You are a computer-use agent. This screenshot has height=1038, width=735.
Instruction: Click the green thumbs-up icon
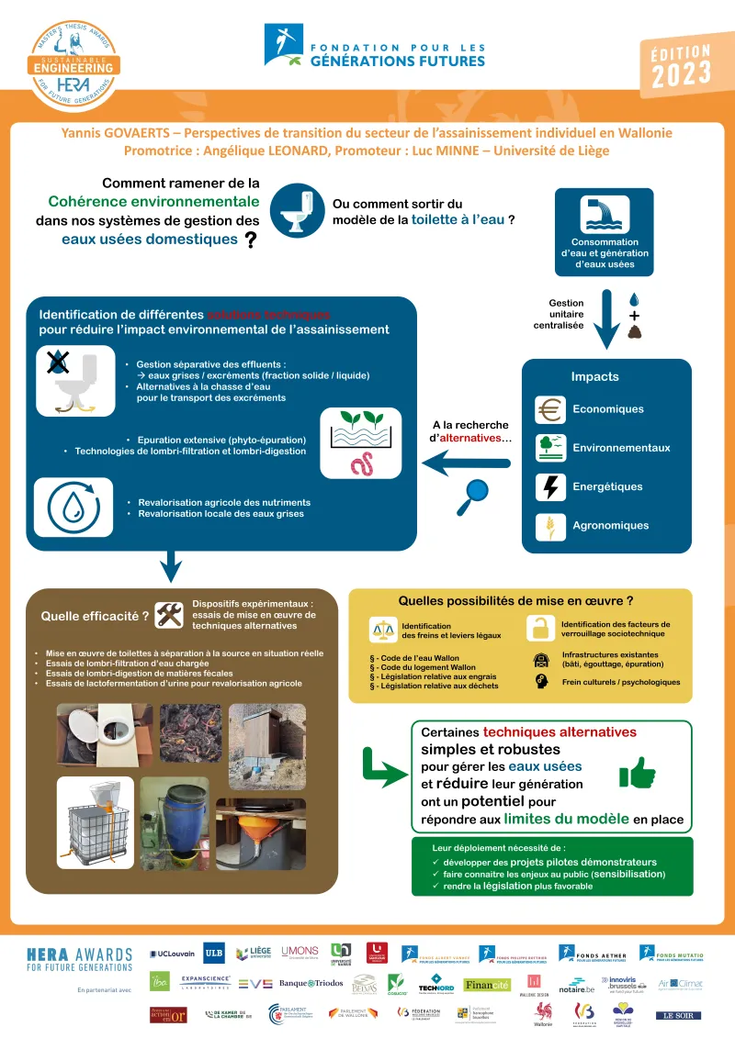coord(637,772)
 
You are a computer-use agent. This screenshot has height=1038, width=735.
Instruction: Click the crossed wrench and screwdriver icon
coord(169,615)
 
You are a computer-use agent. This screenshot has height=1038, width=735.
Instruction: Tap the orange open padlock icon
coord(540,629)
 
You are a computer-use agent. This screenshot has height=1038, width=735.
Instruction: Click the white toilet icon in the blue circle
coord(296,208)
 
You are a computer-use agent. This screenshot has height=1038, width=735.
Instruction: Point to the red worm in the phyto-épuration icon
coord(360,462)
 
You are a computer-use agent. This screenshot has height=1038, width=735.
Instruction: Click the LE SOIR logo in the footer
coord(678,1015)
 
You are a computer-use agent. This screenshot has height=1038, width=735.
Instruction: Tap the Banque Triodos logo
coord(311,983)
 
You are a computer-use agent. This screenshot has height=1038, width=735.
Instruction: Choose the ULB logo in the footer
coord(214,954)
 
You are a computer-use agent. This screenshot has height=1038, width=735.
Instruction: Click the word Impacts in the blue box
coord(594,376)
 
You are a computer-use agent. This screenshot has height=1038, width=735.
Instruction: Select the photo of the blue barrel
coord(174,814)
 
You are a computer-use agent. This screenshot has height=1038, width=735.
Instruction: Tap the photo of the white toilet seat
coord(95,733)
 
